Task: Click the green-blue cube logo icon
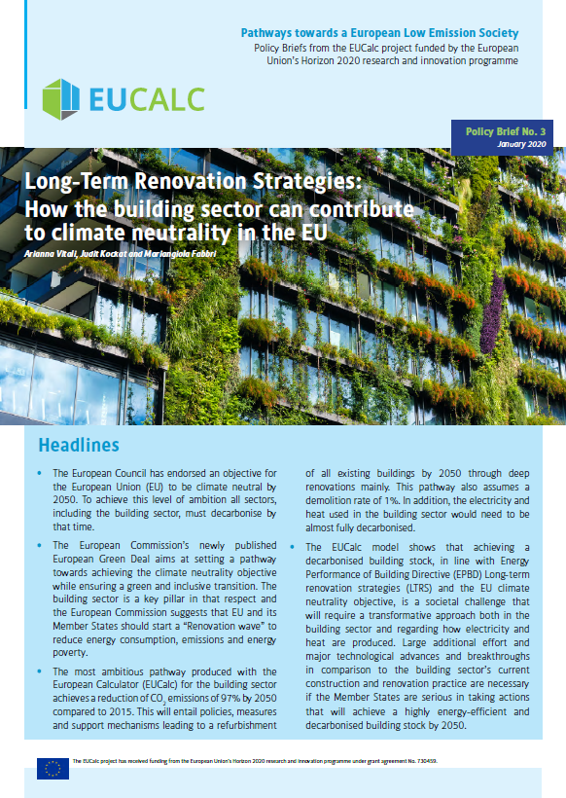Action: [61, 97]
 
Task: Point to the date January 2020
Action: [522, 144]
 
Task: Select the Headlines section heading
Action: [78, 446]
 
